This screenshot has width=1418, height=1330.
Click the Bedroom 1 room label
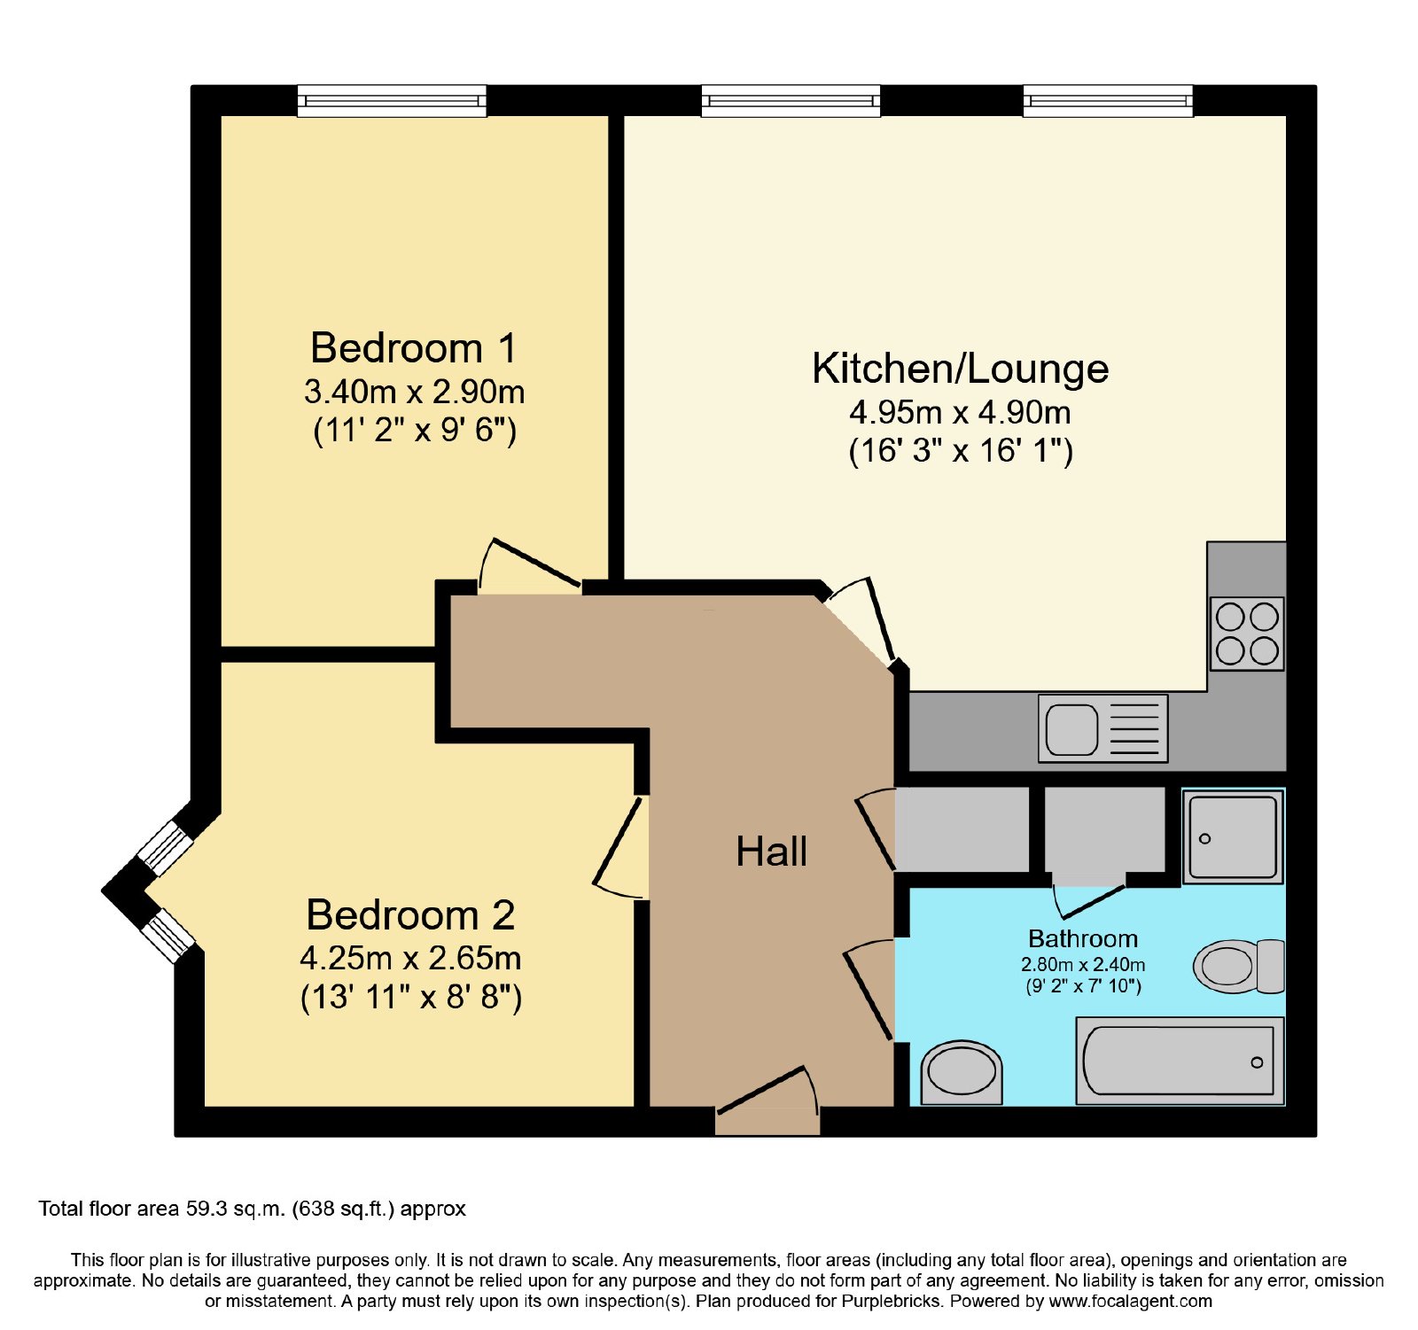click(x=413, y=348)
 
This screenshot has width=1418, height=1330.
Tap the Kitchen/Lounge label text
click(x=961, y=369)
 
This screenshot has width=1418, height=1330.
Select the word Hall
click(x=771, y=852)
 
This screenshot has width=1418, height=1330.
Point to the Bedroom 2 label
click(x=410, y=915)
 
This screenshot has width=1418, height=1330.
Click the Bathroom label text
click(x=1083, y=938)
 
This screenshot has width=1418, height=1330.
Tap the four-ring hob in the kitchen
click(x=1247, y=634)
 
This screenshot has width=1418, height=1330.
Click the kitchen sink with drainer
click(x=1103, y=728)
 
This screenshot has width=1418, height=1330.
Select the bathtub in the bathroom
click(x=1180, y=1061)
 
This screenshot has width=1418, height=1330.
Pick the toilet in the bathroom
click(x=1238, y=966)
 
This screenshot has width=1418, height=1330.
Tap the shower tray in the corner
click(x=1233, y=837)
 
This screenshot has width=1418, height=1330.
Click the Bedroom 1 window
click(x=392, y=101)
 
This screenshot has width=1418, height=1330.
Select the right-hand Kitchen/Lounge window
click(x=1108, y=101)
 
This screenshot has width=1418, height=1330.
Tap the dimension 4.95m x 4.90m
click(x=960, y=412)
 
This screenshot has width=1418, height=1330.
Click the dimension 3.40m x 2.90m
click(x=414, y=391)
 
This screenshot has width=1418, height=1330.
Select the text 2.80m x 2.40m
click(x=1083, y=964)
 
